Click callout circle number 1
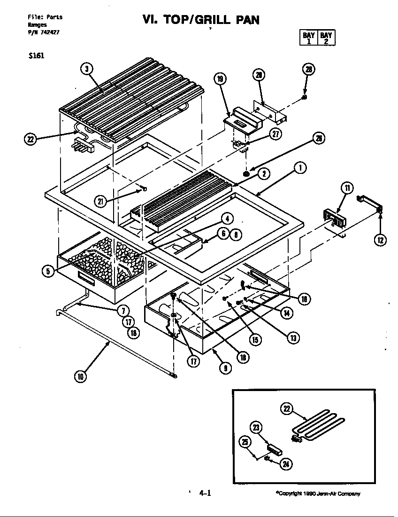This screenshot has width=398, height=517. [x=300, y=167]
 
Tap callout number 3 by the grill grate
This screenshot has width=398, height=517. [x=86, y=69]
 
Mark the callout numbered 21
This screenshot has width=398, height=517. [x=100, y=202]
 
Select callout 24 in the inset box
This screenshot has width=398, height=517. [x=285, y=464]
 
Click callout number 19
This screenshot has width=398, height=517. [x=221, y=78]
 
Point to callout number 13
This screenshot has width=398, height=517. [x=294, y=338]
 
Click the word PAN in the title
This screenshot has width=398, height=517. [x=242, y=19]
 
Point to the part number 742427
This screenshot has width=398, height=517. [x=50, y=32]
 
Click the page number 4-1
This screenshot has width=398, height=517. [x=205, y=493]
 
